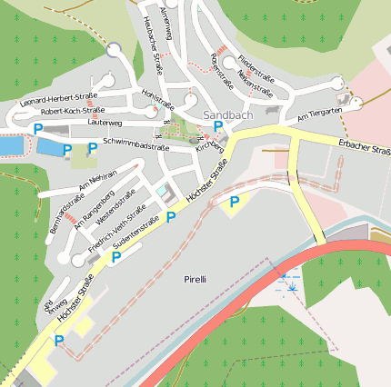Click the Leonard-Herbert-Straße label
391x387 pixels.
(56, 101)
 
